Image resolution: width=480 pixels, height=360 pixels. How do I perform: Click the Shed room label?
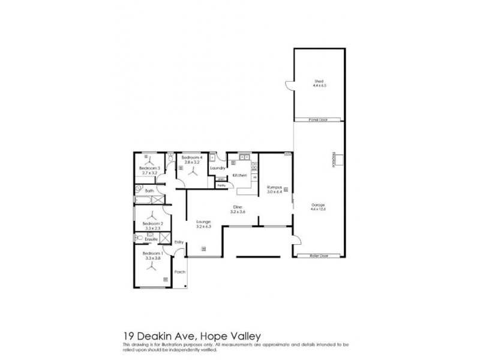pyautogui.click(x=318, y=82)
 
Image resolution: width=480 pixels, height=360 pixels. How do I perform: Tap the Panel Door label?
pyautogui.click(x=318, y=119)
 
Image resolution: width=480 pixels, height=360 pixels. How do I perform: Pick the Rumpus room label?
pyautogui.click(x=274, y=187)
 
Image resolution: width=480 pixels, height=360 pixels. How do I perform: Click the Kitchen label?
pyautogui.click(x=240, y=175)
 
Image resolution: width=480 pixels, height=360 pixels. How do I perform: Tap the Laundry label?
pyautogui.click(x=218, y=168)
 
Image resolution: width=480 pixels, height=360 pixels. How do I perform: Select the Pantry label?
pyautogui.click(x=221, y=185)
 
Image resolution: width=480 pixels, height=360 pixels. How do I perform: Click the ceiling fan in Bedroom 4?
pyautogui.click(x=193, y=171)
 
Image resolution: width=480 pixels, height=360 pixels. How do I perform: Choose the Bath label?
pyautogui.click(x=149, y=191)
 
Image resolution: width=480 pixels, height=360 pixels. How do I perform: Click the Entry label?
pyautogui.click(x=179, y=242)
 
